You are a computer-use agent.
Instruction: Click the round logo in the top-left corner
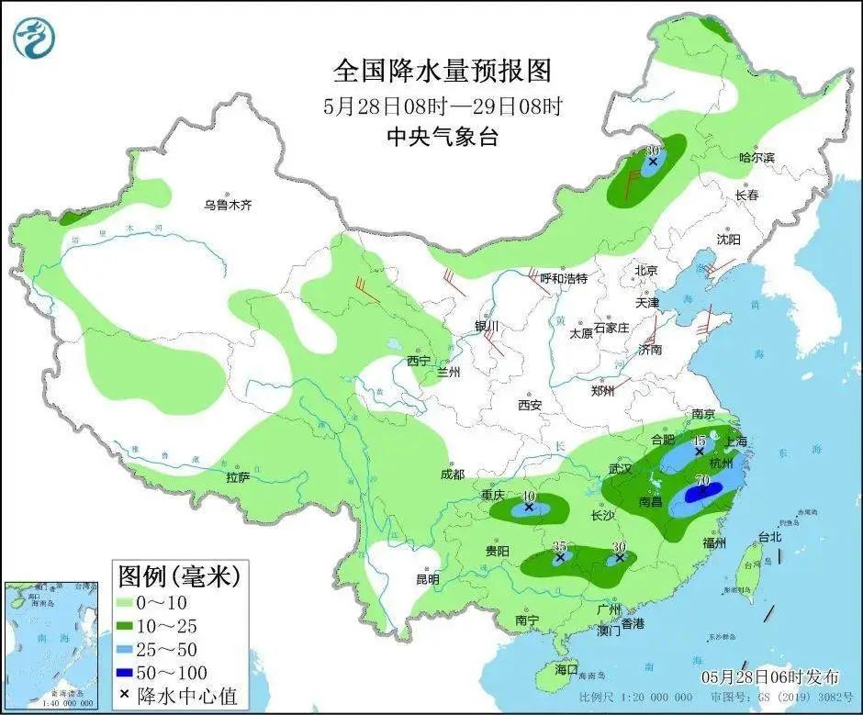tap(35, 38)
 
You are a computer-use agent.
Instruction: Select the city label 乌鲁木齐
tap(227, 206)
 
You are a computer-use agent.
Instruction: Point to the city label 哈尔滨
tap(757, 158)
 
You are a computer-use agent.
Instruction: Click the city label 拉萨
tap(238, 477)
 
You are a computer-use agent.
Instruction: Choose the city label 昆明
tap(427, 579)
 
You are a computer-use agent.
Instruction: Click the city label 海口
tap(566, 669)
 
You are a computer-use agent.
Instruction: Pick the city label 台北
tap(768, 537)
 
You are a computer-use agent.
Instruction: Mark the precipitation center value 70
tap(703, 480)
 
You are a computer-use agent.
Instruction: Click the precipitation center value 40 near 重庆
tap(528, 497)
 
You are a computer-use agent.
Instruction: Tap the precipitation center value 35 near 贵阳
tap(559, 547)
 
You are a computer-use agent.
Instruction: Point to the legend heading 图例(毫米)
tap(178, 576)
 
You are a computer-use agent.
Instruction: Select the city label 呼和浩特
tap(562, 278)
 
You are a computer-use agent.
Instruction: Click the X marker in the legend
tap(125, 697)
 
